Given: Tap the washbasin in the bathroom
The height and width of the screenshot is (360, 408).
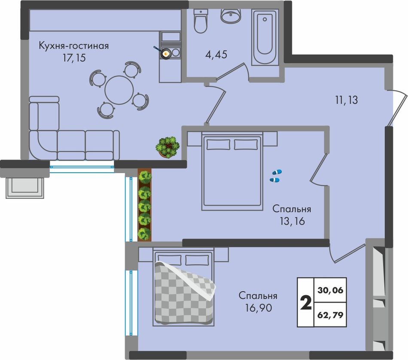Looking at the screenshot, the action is point(231,15).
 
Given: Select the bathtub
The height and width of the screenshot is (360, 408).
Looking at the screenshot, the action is point(265,37).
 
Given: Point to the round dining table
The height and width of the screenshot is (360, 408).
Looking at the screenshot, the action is point(119,90).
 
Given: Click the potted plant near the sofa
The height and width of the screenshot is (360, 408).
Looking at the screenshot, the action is point(168,147).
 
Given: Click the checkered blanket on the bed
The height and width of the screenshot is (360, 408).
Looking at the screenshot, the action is point(184,293).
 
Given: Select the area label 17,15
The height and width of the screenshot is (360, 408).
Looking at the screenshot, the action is point(74,58).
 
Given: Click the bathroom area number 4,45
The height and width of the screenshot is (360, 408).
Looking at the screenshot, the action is point(216,55).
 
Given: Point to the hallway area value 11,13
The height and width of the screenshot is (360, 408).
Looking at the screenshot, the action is point(346,100).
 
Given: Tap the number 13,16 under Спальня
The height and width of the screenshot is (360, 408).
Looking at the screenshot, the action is point(292,221).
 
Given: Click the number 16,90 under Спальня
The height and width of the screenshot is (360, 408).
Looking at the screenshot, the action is point(259,308).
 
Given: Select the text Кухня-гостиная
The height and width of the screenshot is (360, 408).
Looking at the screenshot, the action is point(73,46).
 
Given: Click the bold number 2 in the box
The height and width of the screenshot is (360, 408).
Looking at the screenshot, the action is point(306,303).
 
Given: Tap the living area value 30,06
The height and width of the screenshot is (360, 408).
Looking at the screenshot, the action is point(330,290).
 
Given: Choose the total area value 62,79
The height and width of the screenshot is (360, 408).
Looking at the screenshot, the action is point(330,315).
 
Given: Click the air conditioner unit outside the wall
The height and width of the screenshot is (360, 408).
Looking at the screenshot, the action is point(25,188).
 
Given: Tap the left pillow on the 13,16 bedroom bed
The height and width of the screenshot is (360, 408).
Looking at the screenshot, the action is point(218,144).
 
